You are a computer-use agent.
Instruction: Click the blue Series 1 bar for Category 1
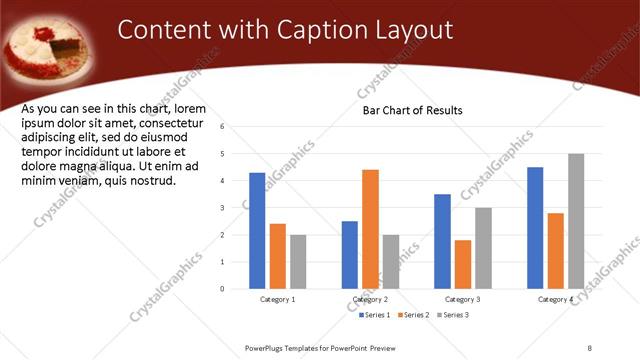257,230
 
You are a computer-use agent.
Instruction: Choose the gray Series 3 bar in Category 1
298,261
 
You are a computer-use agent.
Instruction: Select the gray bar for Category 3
483,247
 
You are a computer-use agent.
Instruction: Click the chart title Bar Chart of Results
412,110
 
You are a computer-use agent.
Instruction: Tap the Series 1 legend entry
377,315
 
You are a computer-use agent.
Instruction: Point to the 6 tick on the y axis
235,127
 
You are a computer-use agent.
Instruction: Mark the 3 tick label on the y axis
235,208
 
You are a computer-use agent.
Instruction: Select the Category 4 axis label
555,300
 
